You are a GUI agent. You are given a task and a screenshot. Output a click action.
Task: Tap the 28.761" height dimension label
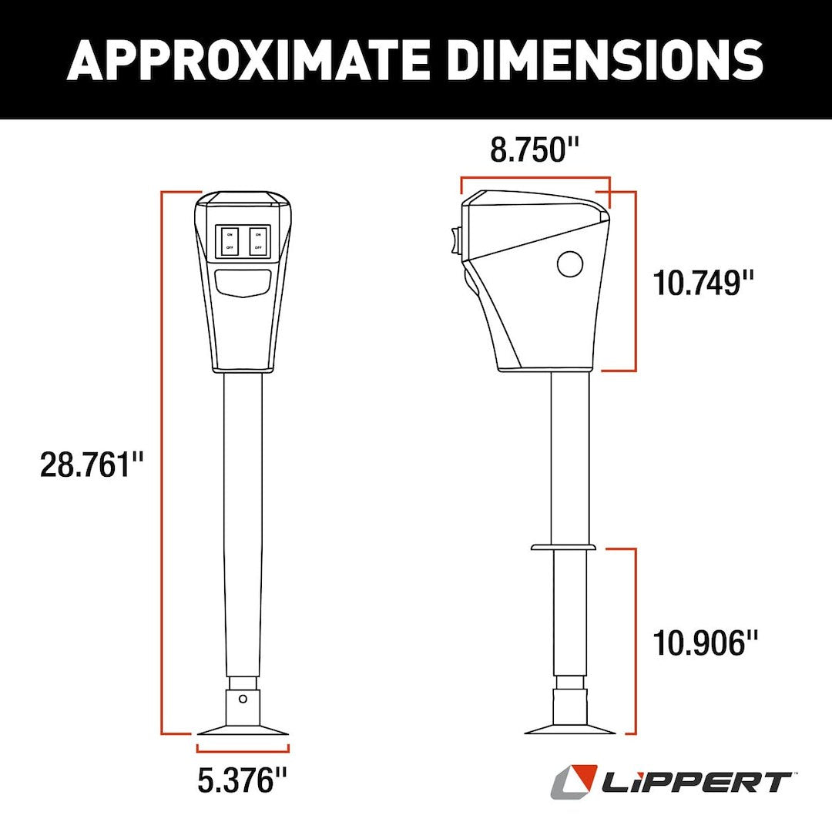click(92, 466)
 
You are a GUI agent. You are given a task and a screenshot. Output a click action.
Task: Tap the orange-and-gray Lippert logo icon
click(574, 781)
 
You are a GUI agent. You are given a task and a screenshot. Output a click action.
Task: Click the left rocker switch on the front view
click(230, 240)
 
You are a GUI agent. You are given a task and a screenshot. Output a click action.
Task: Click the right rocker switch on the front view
click(258, 240)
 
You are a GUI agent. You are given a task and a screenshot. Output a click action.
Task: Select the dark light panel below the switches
click(243, 283)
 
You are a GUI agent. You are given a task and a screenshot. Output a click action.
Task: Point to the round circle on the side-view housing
click(570, 264)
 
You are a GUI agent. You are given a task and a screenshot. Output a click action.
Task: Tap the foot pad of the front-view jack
click(243, 730)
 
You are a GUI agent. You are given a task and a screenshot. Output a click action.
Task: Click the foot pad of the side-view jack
click(570, 728)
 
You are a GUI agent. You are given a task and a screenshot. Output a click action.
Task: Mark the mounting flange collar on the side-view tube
click(563, 547)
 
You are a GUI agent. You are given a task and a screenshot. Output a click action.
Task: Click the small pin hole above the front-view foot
click(243, 699)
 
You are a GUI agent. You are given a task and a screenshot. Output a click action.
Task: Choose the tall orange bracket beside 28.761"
click(163, 462)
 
